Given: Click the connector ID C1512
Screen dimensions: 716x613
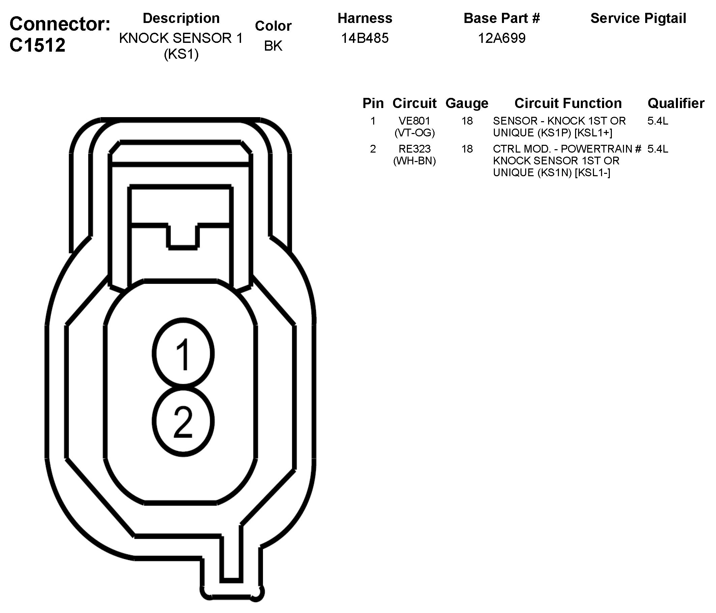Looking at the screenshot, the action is click(x=37, y=45).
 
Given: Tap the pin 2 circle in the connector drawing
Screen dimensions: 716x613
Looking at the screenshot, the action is click(x=183, y=421).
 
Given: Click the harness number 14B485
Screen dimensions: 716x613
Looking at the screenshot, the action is click(x=364, y=38).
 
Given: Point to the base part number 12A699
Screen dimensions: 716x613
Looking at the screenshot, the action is click(x=501, y=38).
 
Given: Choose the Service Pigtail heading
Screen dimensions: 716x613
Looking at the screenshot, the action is click(x=638, y=18).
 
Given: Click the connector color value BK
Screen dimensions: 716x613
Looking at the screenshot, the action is click(x=273, y=46).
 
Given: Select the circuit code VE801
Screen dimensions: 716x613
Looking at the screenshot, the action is click(x=414, y=121).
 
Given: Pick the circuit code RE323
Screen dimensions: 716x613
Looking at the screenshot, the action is click(x=414, y=149).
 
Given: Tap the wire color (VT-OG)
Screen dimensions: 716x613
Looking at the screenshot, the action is click(x=414, y=133).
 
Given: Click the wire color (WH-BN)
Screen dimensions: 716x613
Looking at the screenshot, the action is click(x=414, y=161).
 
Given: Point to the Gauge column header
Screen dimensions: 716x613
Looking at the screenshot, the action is click(x=467, y=103).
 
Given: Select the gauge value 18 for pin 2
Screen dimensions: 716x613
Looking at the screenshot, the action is click(x=467, y=149).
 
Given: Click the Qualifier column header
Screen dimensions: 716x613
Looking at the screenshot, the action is click(x=676, y=103).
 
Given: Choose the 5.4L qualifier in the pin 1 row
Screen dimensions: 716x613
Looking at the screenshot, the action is click(x=658, y=121).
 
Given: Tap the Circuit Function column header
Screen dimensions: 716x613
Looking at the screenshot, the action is click(x=568, y=103).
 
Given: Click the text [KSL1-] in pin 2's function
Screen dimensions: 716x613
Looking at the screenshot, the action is click(x=592, y=172).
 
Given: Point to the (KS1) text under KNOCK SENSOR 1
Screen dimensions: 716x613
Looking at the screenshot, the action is click(x=181, y=54).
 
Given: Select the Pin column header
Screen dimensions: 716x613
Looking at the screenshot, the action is click(x=373, y=103).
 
